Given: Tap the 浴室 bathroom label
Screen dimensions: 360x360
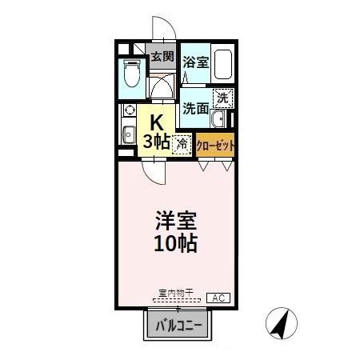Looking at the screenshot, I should [x=194, y=62].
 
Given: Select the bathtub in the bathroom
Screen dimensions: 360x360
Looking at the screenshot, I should [x=221, y=63].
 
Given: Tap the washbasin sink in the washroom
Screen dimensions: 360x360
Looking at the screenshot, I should [x=218, y=120].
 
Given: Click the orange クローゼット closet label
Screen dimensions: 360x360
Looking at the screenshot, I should [x=216, y=146].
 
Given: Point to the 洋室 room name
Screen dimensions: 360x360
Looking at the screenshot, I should [x=176, y=220].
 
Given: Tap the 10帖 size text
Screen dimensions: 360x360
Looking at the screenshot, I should [x=176, y=242].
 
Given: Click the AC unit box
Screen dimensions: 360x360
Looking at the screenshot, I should [x=218, y=298].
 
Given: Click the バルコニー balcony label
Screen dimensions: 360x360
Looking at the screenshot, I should [x=178, y=326].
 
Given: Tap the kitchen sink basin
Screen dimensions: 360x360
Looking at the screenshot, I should [x=127, y=132].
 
